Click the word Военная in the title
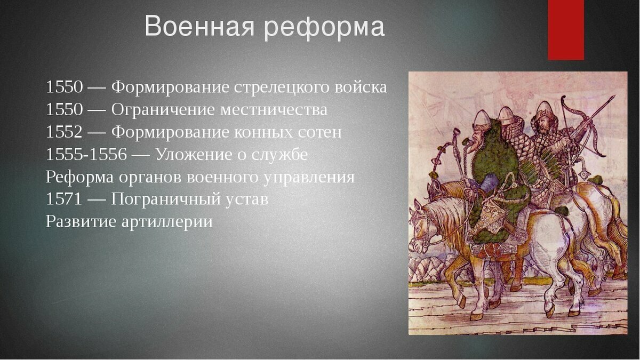point(199,26)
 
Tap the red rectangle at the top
point(566,30)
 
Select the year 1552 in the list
point(65,132)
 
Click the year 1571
point(65,199)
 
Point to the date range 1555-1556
point(86,154)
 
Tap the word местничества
point(274,110)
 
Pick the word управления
point(309,178)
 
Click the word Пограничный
point(166,199)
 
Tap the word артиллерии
point(167,222)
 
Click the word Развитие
point(81,222)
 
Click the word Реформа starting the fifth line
point(79,177)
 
